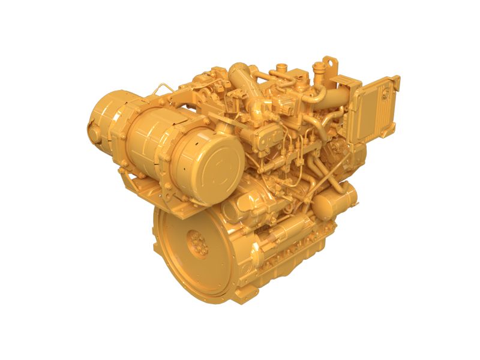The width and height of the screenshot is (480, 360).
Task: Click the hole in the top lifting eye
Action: [x=328, y=62]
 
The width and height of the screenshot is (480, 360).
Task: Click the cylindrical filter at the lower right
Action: [x=334, y=201]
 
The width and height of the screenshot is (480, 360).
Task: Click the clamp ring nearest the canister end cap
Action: [x=180, y=153]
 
